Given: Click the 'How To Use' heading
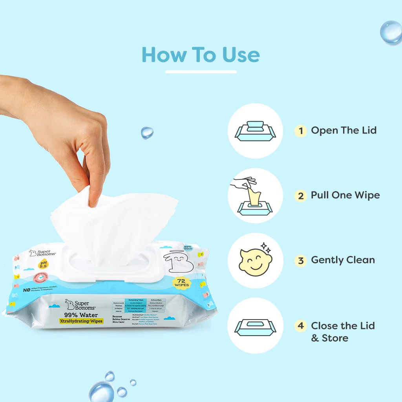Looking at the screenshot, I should pyautogui.click(x=201, y=55).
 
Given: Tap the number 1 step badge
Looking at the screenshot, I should pyautogui.click(x=301, y=131).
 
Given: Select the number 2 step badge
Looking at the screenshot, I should pyautogui.click(x=301, y=196).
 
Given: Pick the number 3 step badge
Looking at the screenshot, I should pyautogui.click(x=301, y=260).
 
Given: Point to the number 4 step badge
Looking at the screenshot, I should pyautogui.click(x=301, y=326).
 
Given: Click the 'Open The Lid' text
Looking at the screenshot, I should pyautogui.click(x=344, y=130).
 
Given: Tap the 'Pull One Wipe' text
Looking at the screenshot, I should pyautogui.click(x=345, y=195).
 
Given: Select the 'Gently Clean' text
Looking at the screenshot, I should pyautogui.click(x=343, y=260).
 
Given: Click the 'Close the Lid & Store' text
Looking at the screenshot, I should pyautogui.click(x=343, y=332).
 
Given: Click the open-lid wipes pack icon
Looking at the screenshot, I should pyautogui.click(x=255, y=131).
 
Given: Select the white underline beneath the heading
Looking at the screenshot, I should pyautogui.click(x=201, y=72).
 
